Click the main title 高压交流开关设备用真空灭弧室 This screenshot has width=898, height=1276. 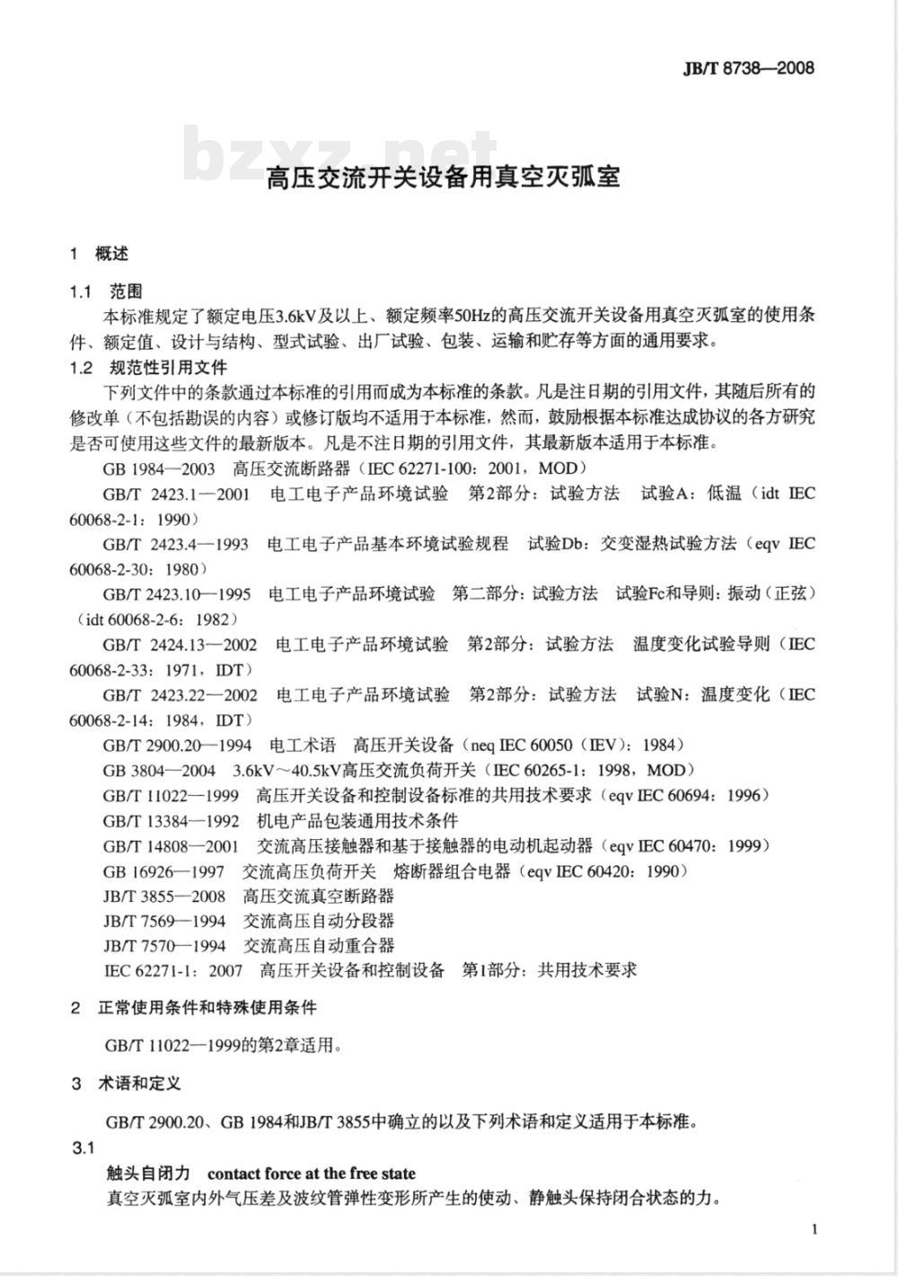(444, 177)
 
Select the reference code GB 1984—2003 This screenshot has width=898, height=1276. (159, 468)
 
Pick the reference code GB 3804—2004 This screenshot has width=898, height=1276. (159, 770)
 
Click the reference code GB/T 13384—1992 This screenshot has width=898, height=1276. (171, 820)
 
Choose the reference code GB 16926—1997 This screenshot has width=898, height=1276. (163, 870)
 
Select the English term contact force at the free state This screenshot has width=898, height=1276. (312, 1173)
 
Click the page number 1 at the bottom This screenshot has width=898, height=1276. (814, 1228)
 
